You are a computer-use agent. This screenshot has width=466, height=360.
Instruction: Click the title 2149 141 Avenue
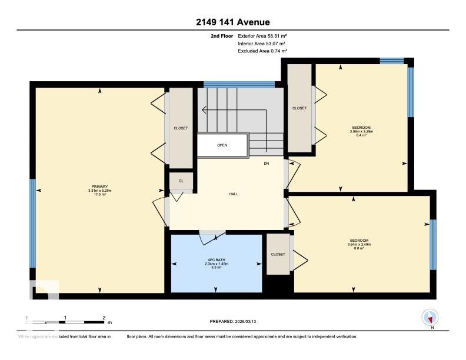click(233, 22)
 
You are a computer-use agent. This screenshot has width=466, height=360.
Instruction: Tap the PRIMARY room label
click(99, 186)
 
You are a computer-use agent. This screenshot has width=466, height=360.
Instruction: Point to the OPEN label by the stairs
click(222, 145)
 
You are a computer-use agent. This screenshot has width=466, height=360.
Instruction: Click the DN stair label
click(266, 163)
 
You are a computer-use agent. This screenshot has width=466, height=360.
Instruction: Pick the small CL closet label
click(181, 181)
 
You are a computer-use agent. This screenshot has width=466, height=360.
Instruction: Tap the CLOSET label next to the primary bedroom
click(181, 128)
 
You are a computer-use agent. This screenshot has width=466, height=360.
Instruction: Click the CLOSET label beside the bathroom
click(278, 254)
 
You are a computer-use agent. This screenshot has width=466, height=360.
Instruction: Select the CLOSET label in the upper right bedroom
click(299, 108)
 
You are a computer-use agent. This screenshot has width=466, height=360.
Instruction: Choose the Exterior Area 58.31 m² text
click(262, 36)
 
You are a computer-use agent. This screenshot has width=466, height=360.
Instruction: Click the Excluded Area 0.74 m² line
click(262, 51)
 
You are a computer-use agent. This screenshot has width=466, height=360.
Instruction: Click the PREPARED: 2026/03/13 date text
click(233, 321)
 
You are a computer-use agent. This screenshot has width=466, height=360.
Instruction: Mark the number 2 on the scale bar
click(104, 318)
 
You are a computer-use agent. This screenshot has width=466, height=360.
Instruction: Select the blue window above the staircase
click(239, 85)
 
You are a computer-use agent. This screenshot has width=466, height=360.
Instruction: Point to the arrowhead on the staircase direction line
click(204, 109)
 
